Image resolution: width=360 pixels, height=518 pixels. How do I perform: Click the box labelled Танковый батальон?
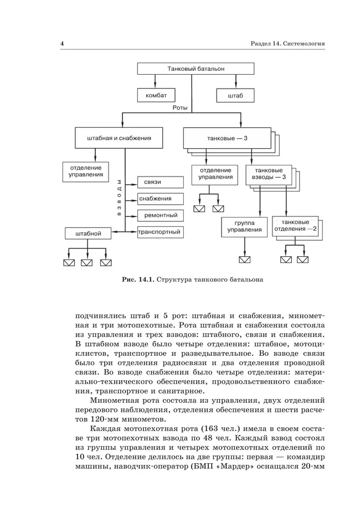196,69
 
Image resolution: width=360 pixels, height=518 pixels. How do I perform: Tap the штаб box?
235,95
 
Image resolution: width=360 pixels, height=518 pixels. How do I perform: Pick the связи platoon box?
161,182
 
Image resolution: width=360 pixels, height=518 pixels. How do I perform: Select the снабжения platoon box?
161,198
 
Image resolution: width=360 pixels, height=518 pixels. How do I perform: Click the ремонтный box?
161,215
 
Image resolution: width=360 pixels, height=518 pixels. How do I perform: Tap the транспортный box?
161,232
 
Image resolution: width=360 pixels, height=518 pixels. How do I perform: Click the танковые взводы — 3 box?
269,174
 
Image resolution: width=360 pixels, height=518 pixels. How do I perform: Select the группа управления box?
244,226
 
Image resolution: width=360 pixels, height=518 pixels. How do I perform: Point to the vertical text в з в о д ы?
118,198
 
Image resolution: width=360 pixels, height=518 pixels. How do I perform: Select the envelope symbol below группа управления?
244,259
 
